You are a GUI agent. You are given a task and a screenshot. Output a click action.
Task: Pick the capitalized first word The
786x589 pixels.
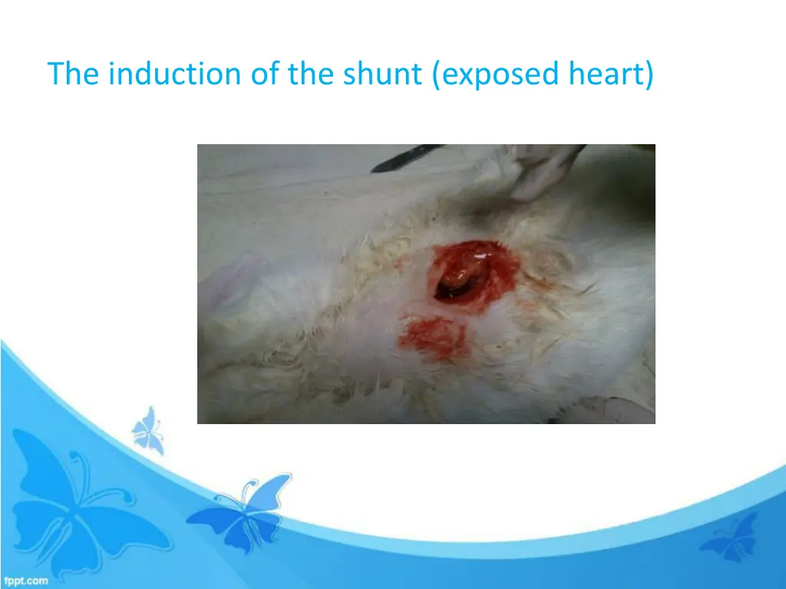(x=74, y=74)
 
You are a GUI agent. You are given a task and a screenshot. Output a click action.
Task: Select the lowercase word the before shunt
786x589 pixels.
(x=311, y=74)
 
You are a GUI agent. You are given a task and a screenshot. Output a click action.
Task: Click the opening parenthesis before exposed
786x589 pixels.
(x=436, y=75)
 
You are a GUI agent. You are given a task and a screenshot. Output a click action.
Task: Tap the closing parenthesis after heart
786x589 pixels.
(x=649, y=75)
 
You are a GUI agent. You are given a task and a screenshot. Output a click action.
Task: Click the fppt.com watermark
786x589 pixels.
(x=25, y=581)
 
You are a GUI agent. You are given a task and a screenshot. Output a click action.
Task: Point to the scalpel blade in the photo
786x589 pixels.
(x=407, y=157)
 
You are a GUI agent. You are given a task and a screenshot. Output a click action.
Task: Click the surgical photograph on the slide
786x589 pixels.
(x=426, y=284)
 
